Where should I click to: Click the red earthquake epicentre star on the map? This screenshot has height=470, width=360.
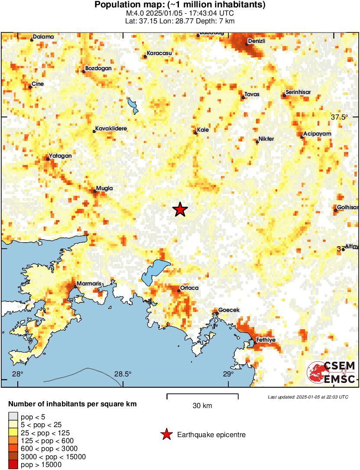pos(180,210)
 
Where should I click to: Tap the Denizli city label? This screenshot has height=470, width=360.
pos(256,41)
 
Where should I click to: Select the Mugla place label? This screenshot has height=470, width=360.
pos(104,188)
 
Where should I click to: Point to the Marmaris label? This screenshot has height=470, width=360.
pos(88,284)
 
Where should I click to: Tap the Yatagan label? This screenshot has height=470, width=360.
pos(60,156)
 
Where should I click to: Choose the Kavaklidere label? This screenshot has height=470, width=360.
pos(111,129)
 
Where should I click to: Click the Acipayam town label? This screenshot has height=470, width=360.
pos(317,134)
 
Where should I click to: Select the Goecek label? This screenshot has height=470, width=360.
pos(229,310)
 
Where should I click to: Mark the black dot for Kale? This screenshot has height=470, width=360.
pos(196,133)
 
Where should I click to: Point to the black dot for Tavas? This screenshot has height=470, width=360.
pos(243,97)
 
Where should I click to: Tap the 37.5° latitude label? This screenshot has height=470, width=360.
pos(340,117)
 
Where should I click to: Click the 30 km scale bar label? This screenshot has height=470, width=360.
pos(202,405)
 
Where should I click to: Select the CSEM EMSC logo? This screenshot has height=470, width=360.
pos(331,373)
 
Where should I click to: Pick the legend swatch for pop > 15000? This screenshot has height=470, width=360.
pos(13,465)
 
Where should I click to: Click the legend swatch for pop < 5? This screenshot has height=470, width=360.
pos(13,417)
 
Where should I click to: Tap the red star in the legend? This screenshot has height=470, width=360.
pos(166,434)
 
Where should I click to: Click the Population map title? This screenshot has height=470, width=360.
pos(180,5)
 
